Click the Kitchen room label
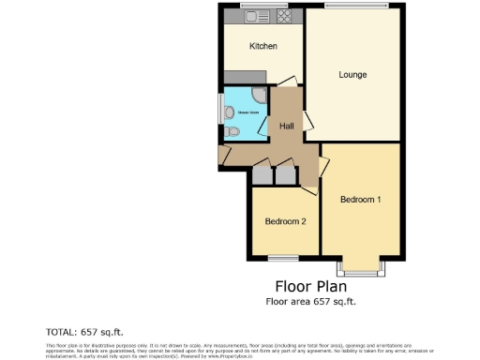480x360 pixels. pyautogui.click(x=262, y=46)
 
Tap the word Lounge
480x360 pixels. pyautogui.click(x=352, y=75)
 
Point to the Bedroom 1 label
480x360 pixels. pyautogui.click(x=361, y=200)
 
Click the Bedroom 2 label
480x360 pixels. pyautogui.click(x=285, y=221)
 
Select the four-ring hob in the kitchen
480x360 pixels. pyautogui.click(x=285, y=16)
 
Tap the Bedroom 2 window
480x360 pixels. pyautogui.click(x=283, y=256)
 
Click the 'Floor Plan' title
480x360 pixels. pyautogui.click(x=311, y=286)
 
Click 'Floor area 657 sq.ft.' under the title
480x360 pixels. pyautogui.click(x=311, y=301)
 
